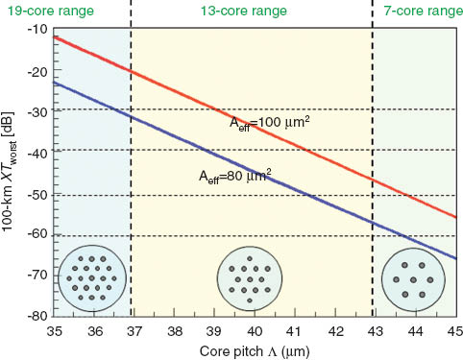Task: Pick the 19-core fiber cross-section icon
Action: pos(90,279)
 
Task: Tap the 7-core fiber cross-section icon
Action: pos(411,279)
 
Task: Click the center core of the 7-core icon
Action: pos(411,279)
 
